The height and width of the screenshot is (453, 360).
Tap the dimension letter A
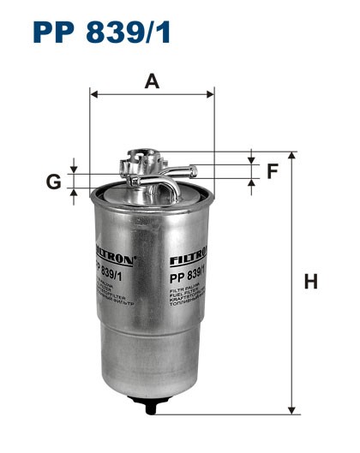[x=153, y=81]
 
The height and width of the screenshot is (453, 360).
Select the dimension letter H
[x=311, y=282]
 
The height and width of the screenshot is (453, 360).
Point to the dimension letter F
[x=273, y=171]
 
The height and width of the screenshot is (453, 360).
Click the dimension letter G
[x=53, y=181]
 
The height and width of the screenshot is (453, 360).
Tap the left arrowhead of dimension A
[x=93, y=93]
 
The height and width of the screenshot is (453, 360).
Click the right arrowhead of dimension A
[x=210, y=93]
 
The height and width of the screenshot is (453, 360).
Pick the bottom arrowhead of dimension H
[x=291, y=408]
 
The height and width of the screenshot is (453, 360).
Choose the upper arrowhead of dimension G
[x=75, y=169]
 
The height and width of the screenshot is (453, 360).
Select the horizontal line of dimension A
[x=152, y=93]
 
